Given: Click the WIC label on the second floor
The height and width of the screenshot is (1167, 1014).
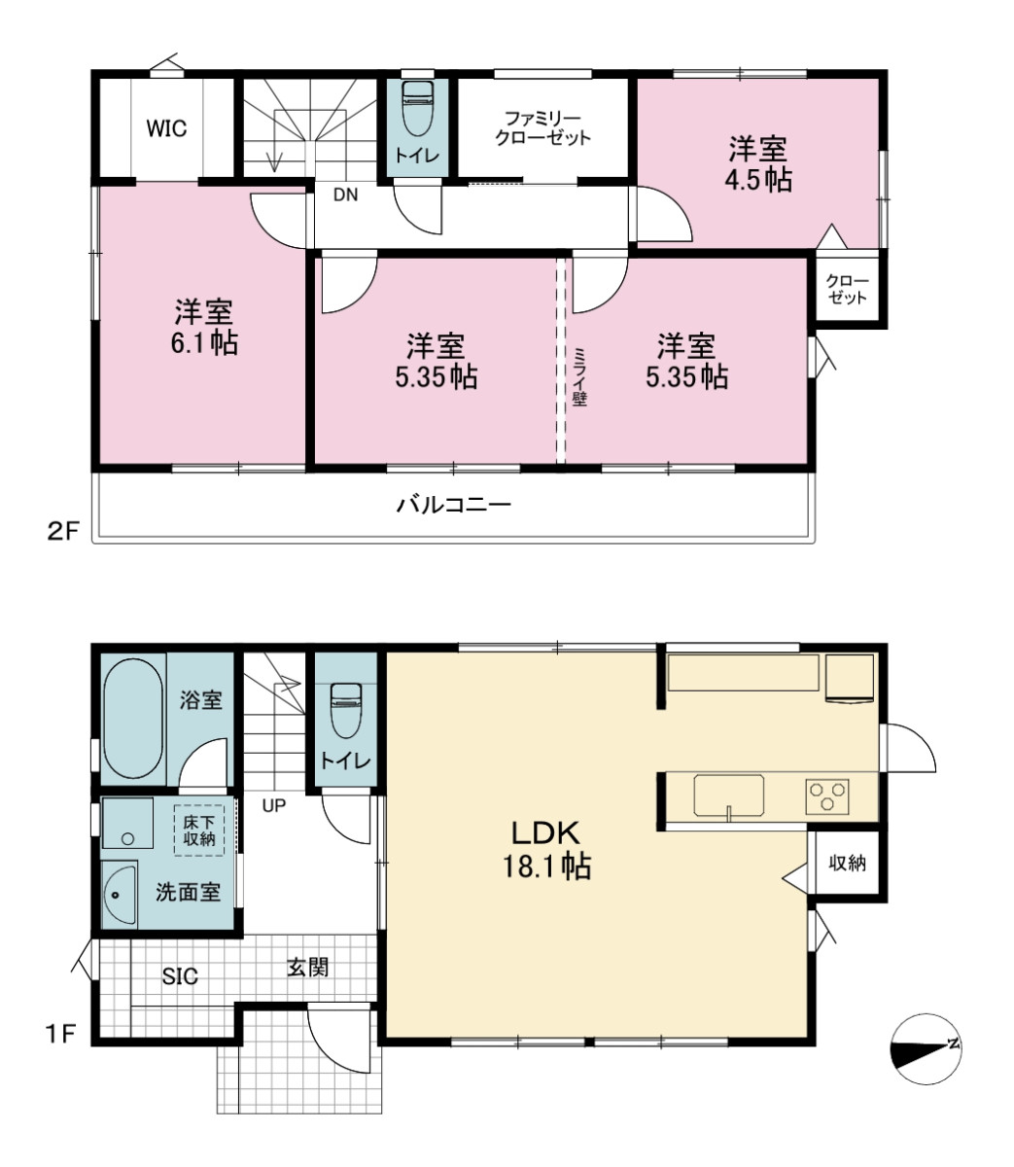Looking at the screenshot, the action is (166, 128).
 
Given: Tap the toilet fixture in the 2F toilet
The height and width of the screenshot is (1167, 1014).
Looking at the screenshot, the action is (417, 108).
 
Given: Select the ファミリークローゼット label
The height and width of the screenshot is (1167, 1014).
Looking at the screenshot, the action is (542, 128).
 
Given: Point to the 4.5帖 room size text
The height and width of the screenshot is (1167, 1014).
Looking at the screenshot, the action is (758, 180).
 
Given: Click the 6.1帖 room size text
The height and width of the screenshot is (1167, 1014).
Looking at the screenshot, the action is (204, 342).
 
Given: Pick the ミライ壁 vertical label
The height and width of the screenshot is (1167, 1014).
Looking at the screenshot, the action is (579, 376).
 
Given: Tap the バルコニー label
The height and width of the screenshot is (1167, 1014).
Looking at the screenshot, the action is (454, 504).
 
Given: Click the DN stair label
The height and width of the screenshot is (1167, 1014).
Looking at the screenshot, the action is (345, 194).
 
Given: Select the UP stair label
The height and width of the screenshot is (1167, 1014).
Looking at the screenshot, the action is (273, 805).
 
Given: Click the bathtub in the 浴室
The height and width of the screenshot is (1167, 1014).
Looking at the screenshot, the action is (133, 718).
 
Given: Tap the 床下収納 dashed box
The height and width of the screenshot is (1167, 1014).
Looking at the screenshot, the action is (199, 830).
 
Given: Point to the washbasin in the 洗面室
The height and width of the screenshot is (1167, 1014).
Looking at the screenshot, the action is (120, 895).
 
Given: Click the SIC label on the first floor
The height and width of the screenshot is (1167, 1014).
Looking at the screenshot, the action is (180, 976).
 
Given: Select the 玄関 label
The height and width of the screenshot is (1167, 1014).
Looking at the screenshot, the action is (307, 967).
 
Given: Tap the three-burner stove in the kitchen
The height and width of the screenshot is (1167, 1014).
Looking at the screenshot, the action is (827, 796).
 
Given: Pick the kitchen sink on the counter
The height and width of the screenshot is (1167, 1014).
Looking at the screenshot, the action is (729, 796).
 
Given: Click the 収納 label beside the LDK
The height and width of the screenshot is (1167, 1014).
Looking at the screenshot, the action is (847, 863).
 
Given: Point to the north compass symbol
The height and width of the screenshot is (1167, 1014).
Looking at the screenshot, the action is (926, 1049).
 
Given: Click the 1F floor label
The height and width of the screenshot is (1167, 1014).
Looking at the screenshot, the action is (60, 1033).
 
